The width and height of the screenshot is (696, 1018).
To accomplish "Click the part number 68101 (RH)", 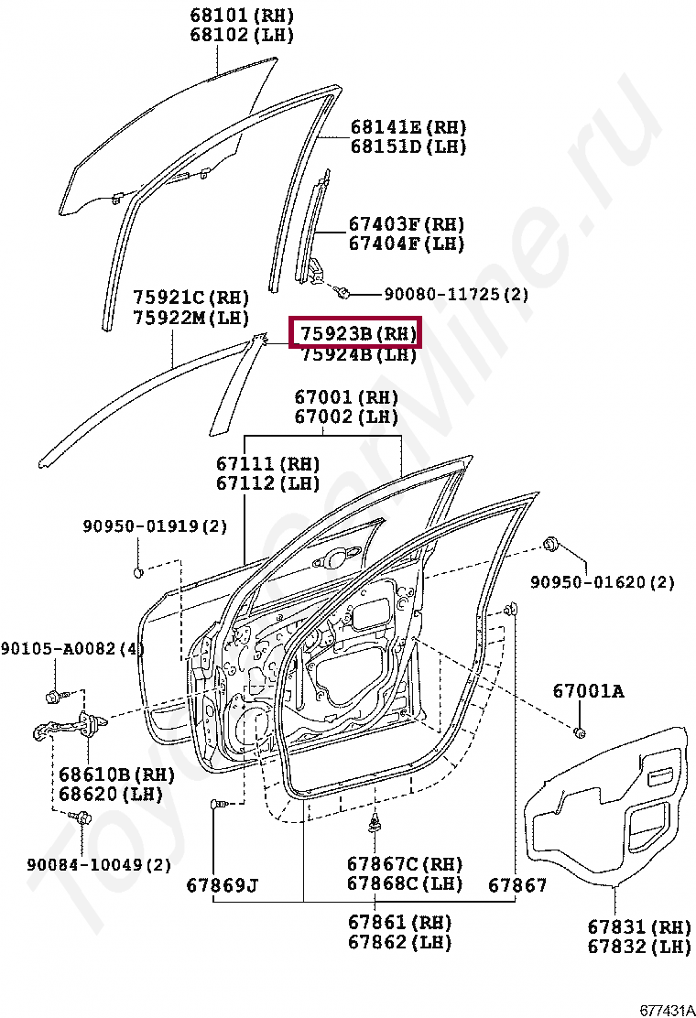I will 242,16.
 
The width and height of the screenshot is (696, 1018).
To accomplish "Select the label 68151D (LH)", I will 408,146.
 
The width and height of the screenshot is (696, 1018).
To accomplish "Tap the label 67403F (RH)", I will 406,223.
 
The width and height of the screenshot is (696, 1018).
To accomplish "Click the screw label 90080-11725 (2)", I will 455,295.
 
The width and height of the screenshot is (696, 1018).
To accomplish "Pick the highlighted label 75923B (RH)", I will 354,334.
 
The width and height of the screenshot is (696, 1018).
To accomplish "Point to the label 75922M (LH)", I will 190,317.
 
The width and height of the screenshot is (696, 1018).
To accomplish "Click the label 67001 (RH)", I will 346,397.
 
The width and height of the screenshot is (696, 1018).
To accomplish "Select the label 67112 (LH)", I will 268,483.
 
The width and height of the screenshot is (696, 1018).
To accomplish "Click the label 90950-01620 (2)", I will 602,581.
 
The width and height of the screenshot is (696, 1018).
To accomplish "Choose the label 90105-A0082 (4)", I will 72,648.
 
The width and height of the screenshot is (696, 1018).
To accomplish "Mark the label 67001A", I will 588,691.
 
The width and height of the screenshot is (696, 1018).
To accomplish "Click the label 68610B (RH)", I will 116,774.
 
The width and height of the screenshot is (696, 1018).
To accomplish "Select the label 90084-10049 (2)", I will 98,863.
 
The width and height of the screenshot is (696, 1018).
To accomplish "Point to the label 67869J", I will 223,885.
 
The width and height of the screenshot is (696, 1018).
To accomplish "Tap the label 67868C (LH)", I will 405,883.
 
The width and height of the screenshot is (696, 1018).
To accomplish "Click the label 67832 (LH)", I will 639,947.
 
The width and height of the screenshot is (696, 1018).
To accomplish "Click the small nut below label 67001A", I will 579,731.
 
